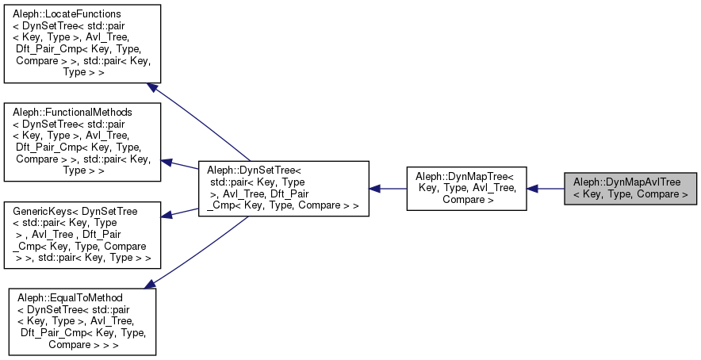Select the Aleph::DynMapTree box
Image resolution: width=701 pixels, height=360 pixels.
click(x=466, y=189)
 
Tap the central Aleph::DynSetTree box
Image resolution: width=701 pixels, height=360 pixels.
click(x=283, y=189)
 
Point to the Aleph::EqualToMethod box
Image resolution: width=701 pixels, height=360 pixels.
click(x=82, y=320)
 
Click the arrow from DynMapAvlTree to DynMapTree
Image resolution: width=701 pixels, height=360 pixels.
click(x=546, y=189)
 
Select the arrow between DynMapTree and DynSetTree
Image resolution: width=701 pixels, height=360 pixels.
click(x=389, y=189)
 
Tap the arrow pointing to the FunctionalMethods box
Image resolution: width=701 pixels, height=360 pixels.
click(x=180, y=164)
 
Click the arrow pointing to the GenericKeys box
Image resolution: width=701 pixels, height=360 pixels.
click(x=180, y=212)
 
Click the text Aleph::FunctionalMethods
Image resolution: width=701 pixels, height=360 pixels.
click(x=72, y=113)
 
